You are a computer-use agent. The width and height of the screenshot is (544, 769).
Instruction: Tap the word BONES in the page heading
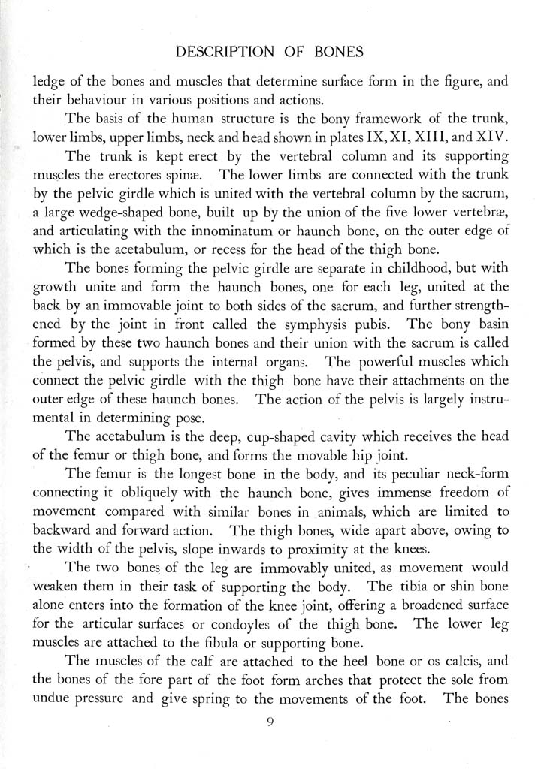tap(333, 52)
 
